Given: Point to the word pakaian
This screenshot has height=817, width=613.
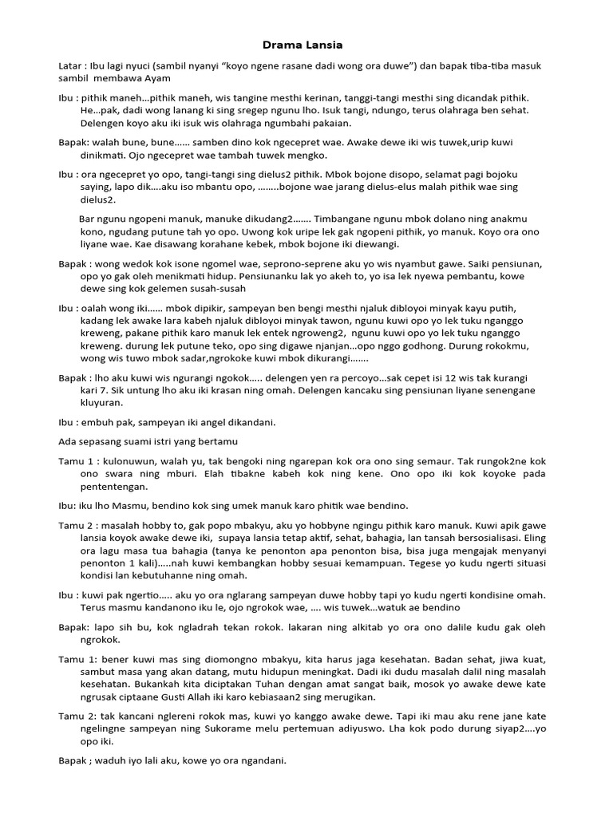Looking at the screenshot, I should (x=328, y=123).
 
